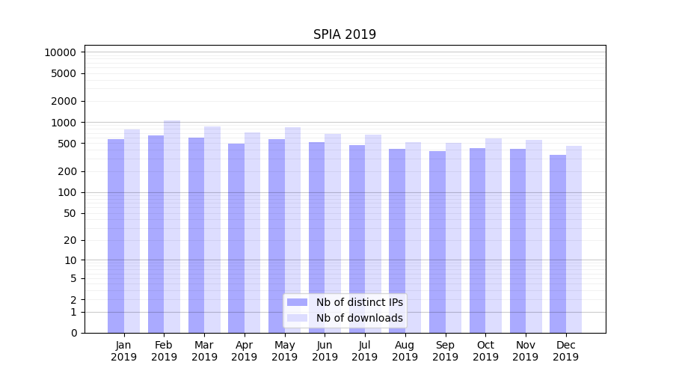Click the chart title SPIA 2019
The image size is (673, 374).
345,35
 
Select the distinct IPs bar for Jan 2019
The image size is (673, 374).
116,236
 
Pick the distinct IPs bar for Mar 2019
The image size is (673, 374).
196,235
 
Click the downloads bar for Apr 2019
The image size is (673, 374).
252,233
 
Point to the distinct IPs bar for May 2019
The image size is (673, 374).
277,236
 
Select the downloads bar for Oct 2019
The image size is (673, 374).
494,236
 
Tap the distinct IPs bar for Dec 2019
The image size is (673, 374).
558,244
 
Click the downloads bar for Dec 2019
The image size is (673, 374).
574,239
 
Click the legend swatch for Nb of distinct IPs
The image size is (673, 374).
298,302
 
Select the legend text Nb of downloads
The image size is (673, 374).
359,318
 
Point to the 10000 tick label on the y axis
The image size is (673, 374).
60,52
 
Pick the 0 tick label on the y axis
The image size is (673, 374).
73,333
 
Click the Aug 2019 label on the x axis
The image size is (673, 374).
405,351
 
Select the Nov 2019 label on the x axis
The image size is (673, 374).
526,351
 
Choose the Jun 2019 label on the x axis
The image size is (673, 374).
325,351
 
